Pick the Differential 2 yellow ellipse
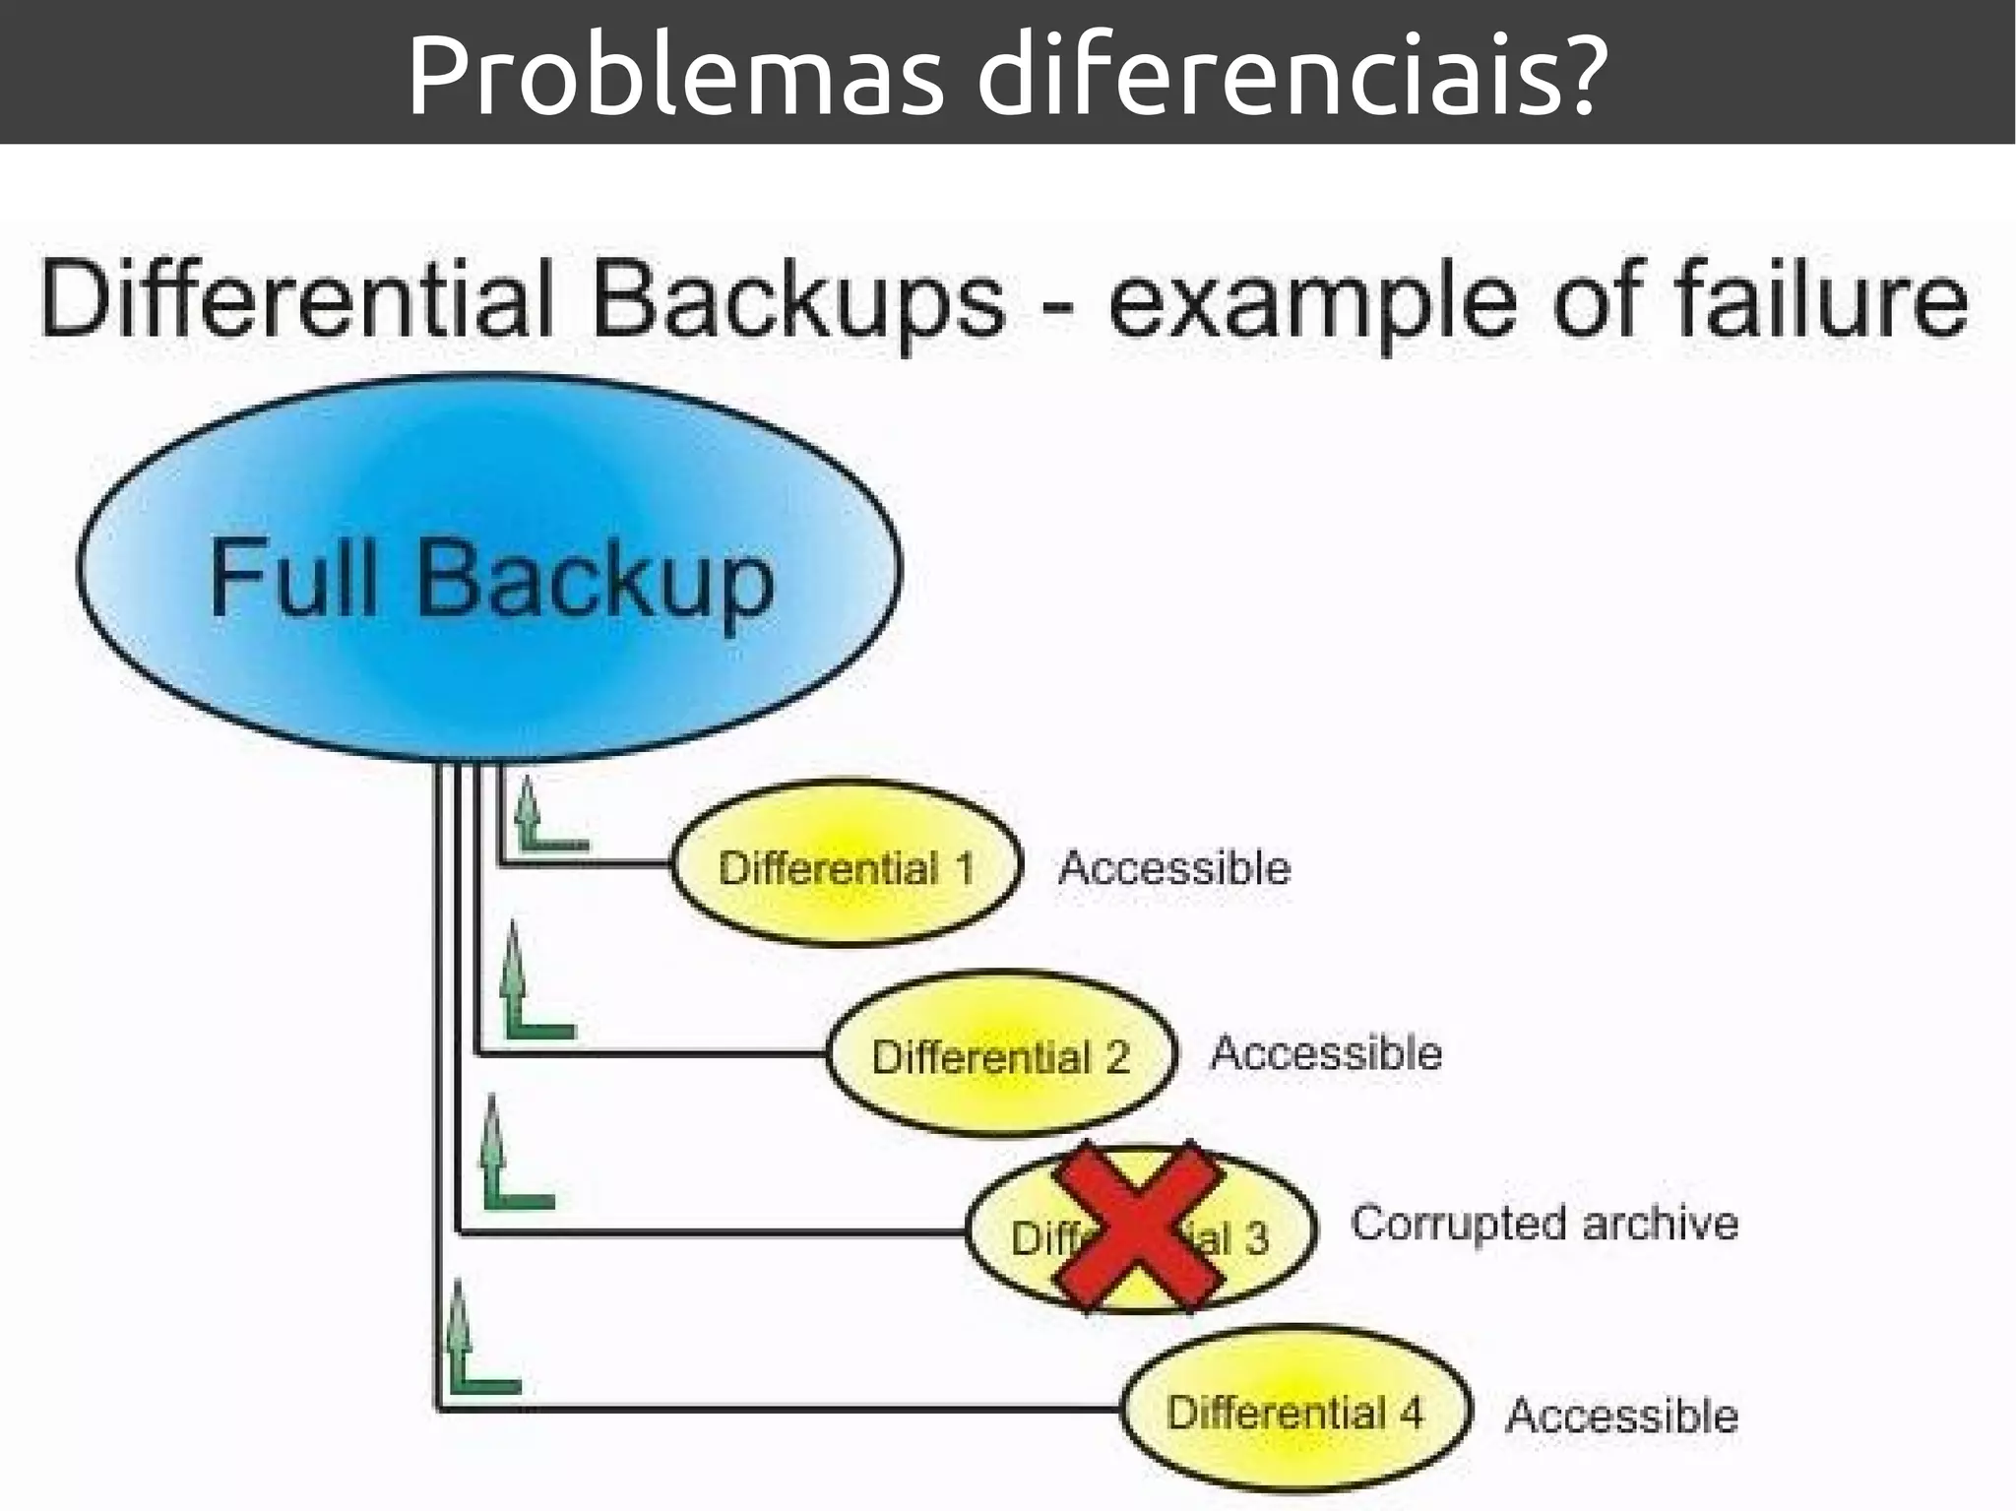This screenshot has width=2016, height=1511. [1000, 1054]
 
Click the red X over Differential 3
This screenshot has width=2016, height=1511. [1138, 1228]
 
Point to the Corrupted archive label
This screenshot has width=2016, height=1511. [1543, 1224]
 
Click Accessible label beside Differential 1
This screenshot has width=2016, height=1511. [1173, 867]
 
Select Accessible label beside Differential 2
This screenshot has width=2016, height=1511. [1326, 1052]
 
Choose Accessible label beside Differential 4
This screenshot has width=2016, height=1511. [1621, 1415]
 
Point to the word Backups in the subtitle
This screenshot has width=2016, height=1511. [797, 300]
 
